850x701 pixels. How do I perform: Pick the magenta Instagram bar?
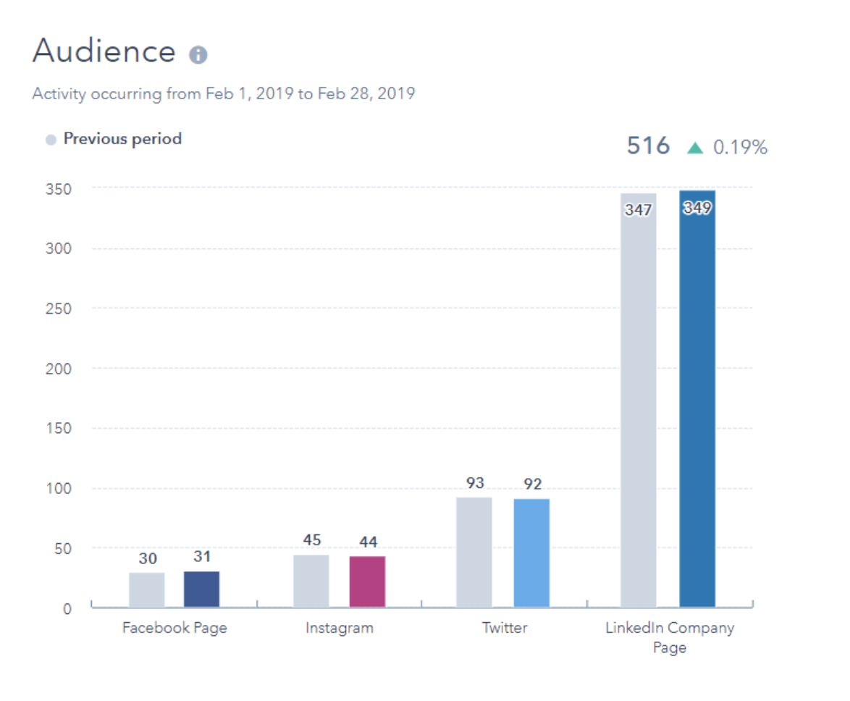tap(367, 581)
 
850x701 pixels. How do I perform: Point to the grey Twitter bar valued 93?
tap(474, 552)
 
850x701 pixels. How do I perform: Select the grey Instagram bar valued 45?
tap(311, 580)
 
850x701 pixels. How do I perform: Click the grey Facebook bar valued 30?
tap(147, 589)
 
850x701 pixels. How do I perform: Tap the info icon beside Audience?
tap(198, 55)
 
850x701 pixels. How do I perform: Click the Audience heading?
tap(104, 51)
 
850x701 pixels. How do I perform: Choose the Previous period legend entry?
tap(122, 138)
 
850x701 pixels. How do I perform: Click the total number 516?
tap(648, 146)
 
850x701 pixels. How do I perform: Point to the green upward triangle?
tap(695, 148)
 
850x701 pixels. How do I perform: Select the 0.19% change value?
tap(740, 148)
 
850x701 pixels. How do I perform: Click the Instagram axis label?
tap(340, 628)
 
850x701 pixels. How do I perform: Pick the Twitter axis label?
tap(505, 628)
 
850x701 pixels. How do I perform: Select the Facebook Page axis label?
tap(174, 628)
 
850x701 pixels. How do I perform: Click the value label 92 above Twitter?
tap(532, 484)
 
